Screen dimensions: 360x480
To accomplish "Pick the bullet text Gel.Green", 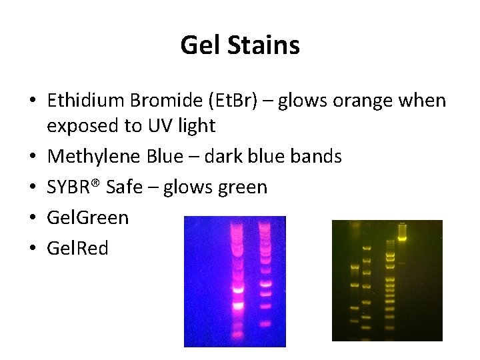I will (x=88, y=218).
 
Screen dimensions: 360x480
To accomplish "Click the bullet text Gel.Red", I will (x=77, y=249).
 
